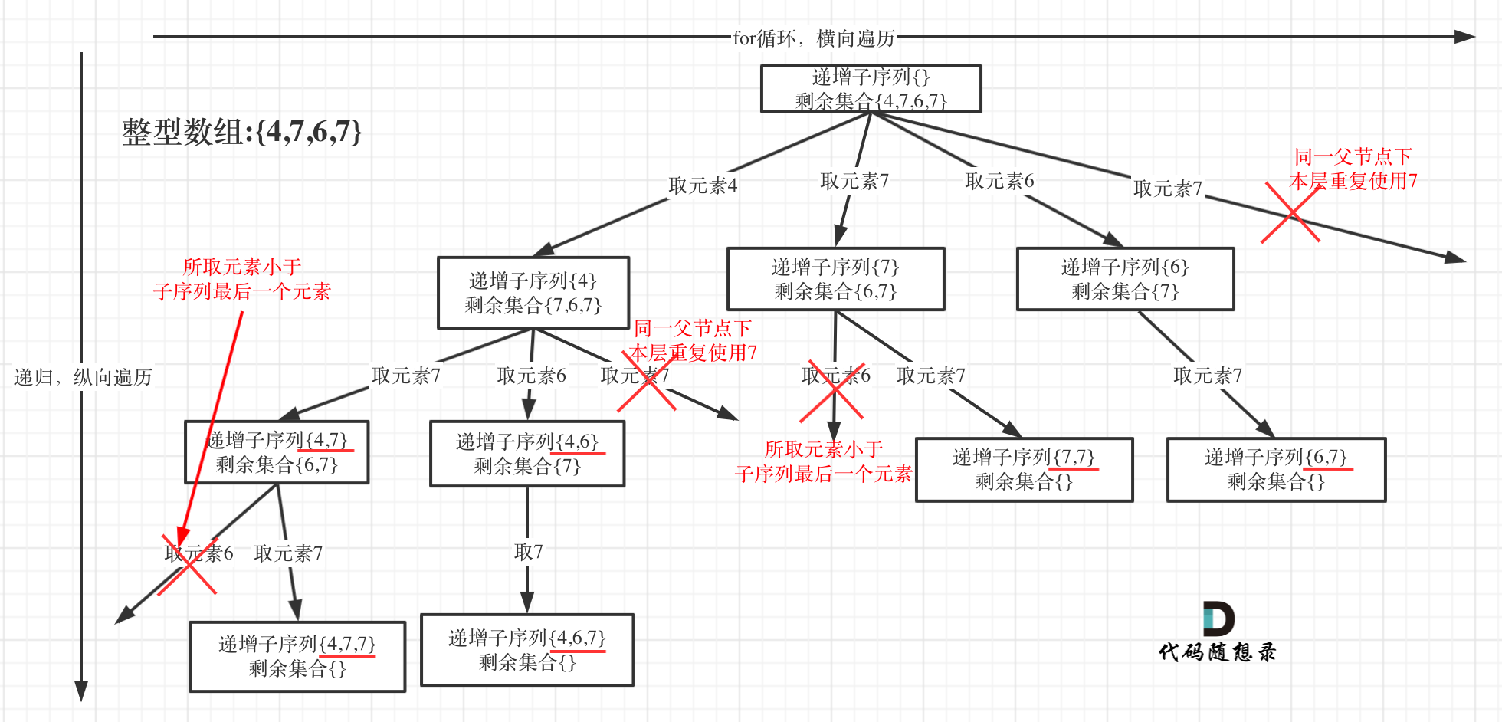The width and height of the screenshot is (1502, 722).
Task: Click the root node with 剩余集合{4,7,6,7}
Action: [871, 89]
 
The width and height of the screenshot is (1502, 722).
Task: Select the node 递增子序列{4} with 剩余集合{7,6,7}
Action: [533, 293]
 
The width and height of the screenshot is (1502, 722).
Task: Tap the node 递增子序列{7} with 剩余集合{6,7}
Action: [835, 279]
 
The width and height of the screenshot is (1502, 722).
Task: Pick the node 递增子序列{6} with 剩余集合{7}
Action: [1125, 279]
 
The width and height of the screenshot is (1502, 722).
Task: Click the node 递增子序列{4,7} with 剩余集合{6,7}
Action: [277, 452]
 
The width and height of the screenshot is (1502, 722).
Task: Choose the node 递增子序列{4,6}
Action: [527, 454]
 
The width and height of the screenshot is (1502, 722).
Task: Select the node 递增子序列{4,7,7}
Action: [297, 656]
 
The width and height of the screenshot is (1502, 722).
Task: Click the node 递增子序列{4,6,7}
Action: [527, 650]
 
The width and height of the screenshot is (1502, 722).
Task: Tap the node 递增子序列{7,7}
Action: [1024, 470]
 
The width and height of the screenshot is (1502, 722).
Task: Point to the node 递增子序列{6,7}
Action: [1276, 470]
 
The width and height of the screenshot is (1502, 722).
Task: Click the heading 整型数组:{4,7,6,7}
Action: [241, 132]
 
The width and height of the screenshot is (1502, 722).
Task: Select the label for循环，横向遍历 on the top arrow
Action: [814, 38]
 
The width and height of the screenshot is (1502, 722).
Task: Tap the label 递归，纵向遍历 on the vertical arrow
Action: [83, 377]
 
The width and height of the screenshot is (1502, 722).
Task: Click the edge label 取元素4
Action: [703, 185]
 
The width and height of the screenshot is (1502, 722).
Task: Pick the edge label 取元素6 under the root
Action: [999, 181]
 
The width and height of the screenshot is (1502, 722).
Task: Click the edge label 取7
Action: [528, 552]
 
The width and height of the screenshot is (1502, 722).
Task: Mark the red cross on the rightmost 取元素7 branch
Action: [1291, 214]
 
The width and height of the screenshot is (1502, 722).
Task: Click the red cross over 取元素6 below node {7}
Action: [832, 391]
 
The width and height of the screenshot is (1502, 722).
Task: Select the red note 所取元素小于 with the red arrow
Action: [241, 279]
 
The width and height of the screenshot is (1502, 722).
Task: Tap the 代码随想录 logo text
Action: [1217, 652]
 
